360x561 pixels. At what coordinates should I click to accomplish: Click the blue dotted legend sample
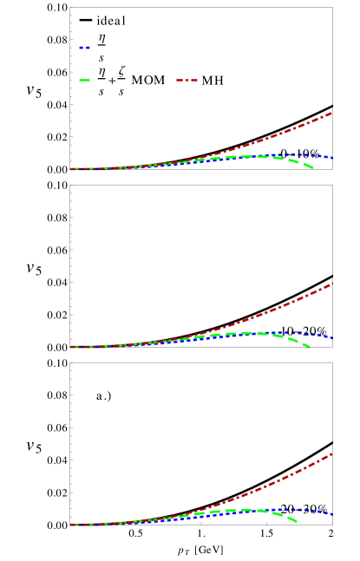[x=84, y=48]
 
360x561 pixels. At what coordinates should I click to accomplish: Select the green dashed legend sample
[x=84, y=81]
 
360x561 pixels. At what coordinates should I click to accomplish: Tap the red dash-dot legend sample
[x=187, y=81]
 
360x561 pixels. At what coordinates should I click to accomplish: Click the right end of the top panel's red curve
[x=332, y=113]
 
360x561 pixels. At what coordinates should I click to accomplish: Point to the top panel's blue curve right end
[x=332, y=158]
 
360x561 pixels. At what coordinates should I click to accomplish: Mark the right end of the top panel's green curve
[x=312, y=167]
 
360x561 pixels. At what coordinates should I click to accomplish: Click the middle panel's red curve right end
[x=332, y=284]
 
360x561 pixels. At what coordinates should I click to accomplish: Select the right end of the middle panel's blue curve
[x=332, y=337]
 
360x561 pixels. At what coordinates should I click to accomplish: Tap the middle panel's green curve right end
[x=310, y=347]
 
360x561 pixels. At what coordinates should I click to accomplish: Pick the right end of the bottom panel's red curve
[x=332, y=453]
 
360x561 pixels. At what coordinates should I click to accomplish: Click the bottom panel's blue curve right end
[x=332, y=515]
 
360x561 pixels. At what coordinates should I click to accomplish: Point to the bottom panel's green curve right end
[x=297, y=521]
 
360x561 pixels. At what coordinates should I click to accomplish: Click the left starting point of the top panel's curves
[x=71, y=169]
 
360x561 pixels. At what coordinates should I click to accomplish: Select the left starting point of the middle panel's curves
[x=71, y=347]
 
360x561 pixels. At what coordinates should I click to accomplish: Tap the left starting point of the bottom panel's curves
[x=71, y=525]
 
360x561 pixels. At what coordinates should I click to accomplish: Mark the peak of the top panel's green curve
[x=256, y=157]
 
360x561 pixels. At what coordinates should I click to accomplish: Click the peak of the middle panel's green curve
[x=249, y=333]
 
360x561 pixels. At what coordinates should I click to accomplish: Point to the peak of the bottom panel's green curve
[x=247, y=510]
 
